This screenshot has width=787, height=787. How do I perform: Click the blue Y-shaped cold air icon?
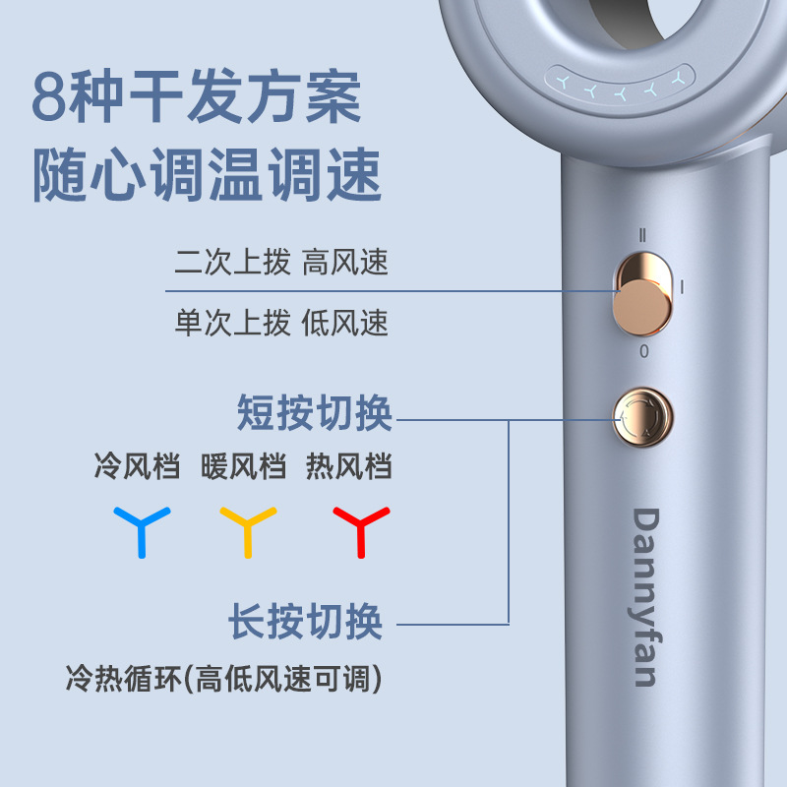point(142,529)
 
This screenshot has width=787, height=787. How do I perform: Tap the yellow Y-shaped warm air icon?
point(247,529)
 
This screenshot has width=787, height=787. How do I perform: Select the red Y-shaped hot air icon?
point(360,529)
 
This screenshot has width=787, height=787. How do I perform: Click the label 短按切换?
point(315,413)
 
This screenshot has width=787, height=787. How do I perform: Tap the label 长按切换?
point(305,621)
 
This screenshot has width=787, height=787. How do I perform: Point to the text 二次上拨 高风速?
point(281,263)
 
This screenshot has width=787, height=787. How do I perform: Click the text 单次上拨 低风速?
point(281,322)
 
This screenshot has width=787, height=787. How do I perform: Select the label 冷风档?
point(137,465)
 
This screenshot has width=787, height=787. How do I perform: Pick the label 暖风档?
point(243,465)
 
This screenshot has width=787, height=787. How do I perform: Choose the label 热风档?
point(349,465)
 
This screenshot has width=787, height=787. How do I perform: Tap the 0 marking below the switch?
point(644,351)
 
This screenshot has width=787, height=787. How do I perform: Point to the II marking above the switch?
point(642,235)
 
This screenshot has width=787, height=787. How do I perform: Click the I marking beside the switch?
point(682,286)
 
